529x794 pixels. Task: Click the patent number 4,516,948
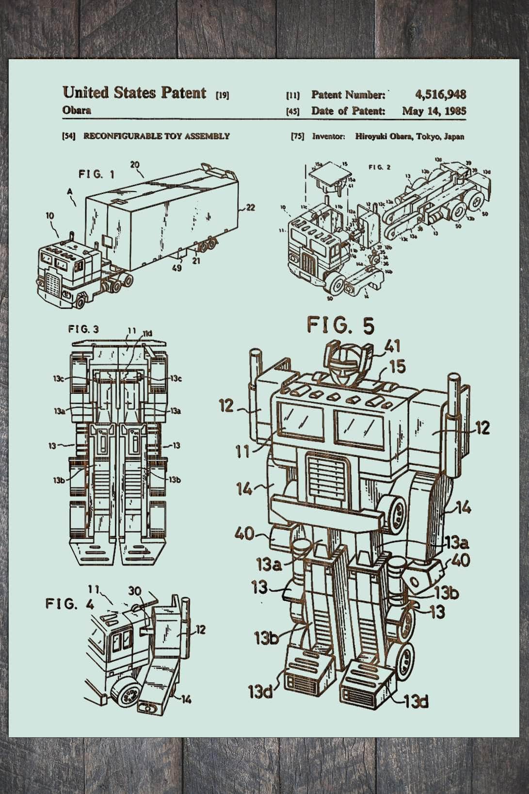(440, 95)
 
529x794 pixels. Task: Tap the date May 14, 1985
(434, 111)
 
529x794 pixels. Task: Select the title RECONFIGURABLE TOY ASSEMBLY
(157, 136)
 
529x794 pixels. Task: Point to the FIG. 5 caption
(341, 326)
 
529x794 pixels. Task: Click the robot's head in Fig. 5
(345, 361)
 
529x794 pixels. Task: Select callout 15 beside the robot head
(396, 367)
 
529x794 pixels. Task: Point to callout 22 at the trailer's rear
(249, 208)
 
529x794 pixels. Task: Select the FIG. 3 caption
(83, 329)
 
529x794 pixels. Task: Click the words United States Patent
(134, 93)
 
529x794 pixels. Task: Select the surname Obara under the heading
(77, 110)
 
